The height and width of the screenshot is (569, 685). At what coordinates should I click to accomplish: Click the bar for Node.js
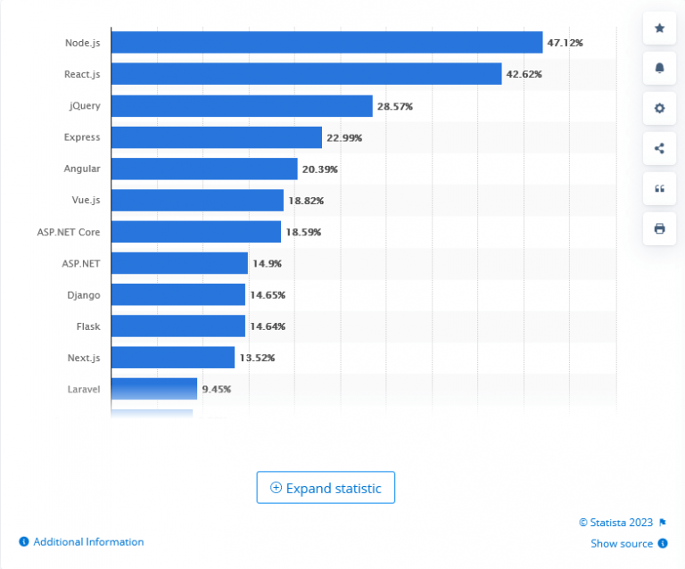point(326,43)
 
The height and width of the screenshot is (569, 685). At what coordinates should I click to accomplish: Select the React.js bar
point(306,74)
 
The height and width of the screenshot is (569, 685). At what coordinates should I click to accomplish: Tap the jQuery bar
point(242,106)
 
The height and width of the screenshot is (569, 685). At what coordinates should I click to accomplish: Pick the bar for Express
point(216,137)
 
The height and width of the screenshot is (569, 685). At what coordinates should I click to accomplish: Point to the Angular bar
point(204,169)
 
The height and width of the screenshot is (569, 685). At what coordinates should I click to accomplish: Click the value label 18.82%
point(306,201)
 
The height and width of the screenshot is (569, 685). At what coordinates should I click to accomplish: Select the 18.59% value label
point(303,232)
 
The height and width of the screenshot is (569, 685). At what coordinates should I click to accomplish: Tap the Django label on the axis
point(83,295)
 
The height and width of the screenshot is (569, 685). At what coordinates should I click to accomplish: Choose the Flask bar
point(177,326)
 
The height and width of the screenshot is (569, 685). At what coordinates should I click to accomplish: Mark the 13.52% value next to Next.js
point(257,358)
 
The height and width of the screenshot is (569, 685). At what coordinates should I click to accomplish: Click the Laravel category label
point(83,390)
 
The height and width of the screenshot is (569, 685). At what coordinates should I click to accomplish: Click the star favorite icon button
point(660,29)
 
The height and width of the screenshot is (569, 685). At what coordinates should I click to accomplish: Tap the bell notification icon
point(660,68)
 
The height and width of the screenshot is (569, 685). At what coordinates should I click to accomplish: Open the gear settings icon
point(660,108)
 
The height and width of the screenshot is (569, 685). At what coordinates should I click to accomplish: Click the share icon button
point(660,148)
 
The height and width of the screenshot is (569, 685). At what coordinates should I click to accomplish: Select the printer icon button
point(660,228)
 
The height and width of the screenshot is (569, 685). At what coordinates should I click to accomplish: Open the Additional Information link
point(87,542)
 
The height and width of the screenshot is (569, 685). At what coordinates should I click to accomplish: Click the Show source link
point(623,543)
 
